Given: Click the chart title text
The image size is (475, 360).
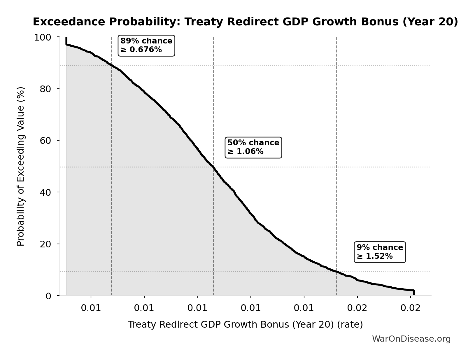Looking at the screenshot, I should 245,22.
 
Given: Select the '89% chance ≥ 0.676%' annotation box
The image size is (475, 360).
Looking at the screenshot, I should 146,46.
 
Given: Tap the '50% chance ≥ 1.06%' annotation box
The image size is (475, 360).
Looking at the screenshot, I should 253,147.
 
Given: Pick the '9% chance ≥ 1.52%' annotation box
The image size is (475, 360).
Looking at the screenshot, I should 380,252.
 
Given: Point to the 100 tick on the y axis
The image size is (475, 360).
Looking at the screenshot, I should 43,37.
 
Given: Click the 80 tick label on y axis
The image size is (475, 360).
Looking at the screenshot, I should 45,89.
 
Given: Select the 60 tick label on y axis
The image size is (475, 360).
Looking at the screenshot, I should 45,141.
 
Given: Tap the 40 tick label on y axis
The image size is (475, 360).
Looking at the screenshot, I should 45,192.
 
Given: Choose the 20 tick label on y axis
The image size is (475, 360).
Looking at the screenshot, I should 45,244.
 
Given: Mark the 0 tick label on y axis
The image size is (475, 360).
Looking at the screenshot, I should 48,296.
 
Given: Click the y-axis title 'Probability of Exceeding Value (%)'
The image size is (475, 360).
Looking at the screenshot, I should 20,166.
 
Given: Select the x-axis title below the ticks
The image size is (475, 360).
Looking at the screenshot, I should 245,324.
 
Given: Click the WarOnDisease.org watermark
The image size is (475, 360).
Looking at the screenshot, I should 411,339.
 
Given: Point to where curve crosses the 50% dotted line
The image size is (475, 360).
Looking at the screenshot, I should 213,167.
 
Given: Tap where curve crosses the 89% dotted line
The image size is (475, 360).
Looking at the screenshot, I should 111,65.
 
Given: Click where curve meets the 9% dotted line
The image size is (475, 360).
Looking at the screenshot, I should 336,272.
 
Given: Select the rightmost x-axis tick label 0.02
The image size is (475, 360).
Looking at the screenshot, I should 411,308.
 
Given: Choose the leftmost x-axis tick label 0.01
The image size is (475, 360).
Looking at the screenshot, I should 91,308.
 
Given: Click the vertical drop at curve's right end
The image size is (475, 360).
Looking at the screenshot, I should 413,293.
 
